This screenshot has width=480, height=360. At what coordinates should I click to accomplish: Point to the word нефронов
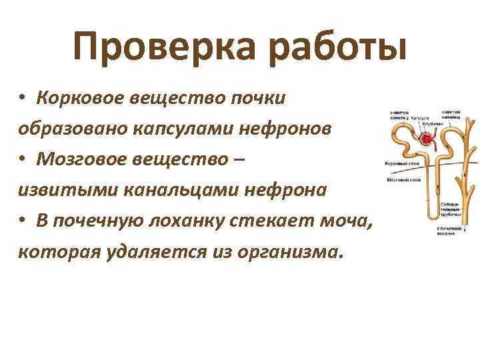pos(287,129)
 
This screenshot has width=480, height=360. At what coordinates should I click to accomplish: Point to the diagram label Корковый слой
pos(399,163)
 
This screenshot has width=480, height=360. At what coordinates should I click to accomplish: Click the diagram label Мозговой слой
pos(399,180)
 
